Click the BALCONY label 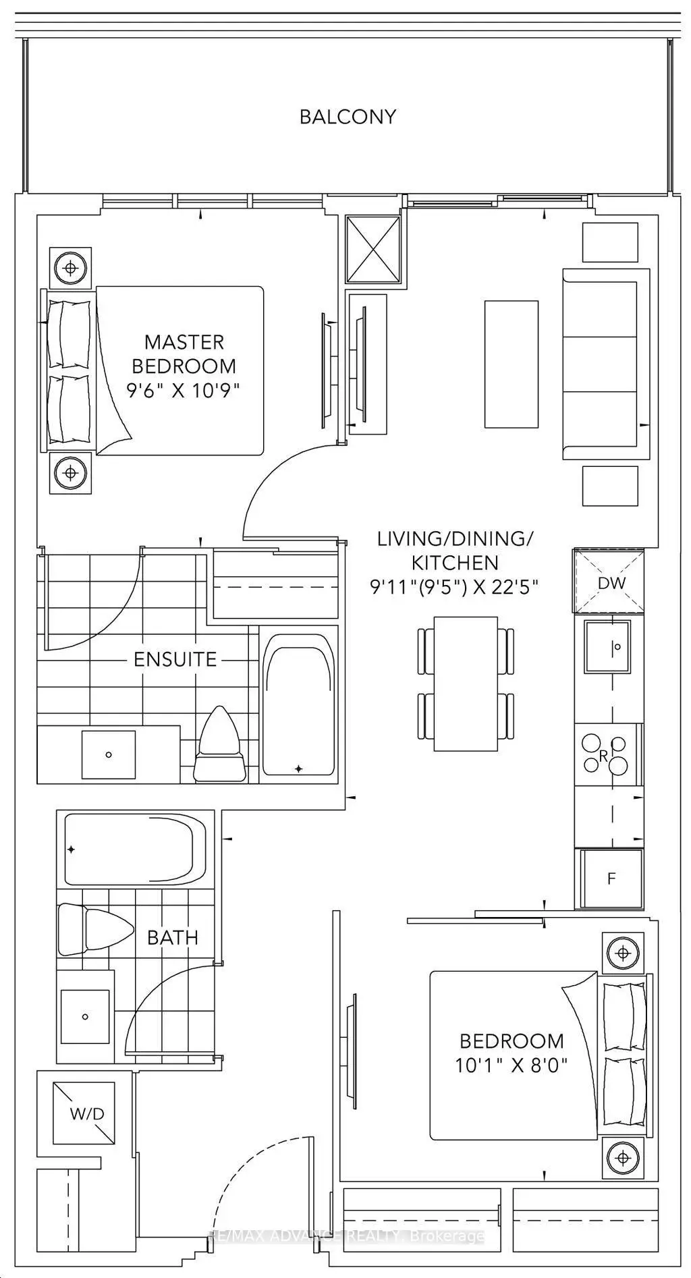[348, 117]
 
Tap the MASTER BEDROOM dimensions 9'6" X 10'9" [184, 391]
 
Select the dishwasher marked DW [609, 581]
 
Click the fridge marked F [611, 878]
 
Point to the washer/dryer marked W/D [87, 1113]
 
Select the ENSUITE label [175, 659]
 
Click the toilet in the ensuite [219, 745]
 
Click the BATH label [173, 937]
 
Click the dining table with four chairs [465, 684]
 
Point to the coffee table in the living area [511, 364]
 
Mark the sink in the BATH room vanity [85, 1016]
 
